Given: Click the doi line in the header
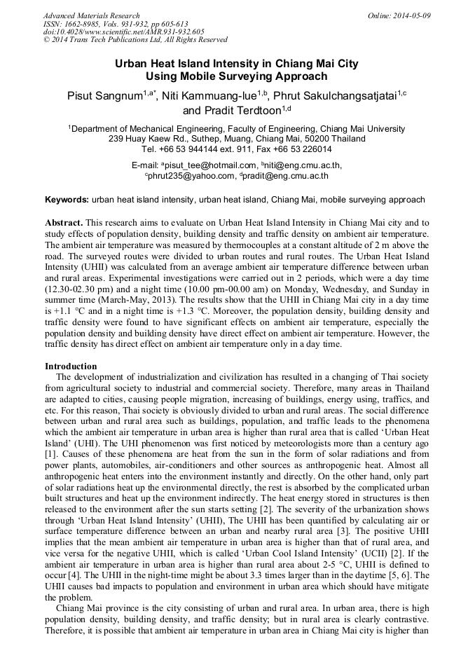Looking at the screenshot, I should pos(123,32).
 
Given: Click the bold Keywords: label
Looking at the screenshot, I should pos(66,200).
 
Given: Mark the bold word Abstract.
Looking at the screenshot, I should pos(64,221).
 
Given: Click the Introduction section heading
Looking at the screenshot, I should pos(71,366).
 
